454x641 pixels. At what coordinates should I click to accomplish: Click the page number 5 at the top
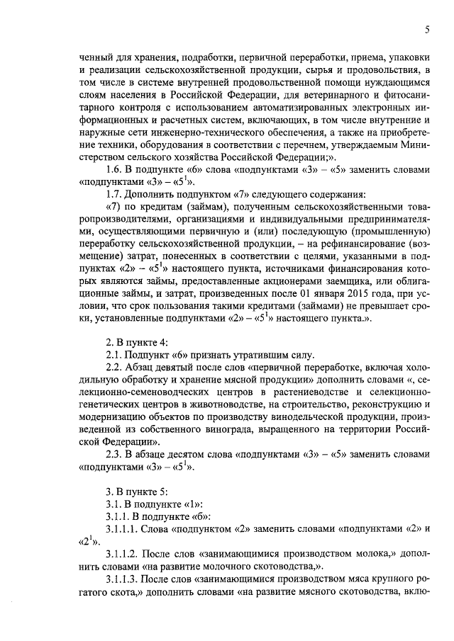(x=427, y=29)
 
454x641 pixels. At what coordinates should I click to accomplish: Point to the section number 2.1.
(x=115, y=355)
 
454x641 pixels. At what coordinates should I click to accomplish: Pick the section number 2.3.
(x=115, y=454)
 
